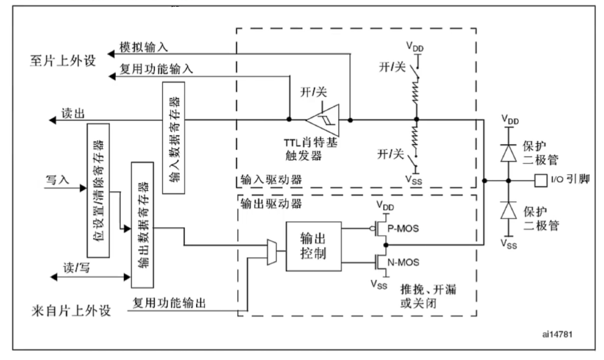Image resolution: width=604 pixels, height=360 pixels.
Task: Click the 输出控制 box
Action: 313,247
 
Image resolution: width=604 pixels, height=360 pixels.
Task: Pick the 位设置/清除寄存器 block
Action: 97,190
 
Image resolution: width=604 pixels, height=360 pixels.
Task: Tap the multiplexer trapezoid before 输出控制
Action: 271,250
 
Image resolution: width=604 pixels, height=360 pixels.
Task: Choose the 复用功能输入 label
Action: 157,69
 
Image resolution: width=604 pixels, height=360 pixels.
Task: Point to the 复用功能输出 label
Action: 169,304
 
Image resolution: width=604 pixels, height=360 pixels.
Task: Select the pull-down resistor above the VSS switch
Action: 416,138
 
